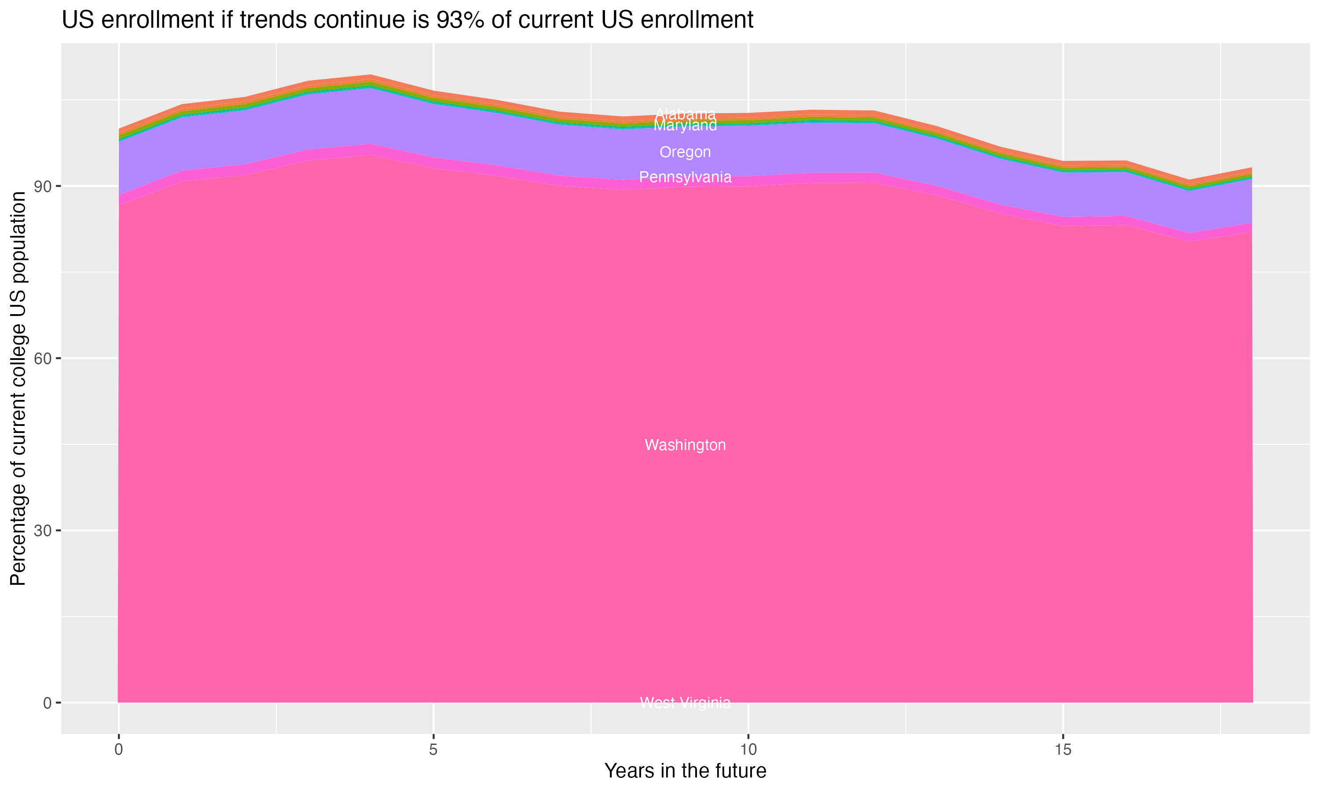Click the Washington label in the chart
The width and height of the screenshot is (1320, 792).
tap(685, 445)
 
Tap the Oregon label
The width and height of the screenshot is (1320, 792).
tap(685, 152)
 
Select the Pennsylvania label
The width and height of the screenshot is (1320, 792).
tap(685, 177)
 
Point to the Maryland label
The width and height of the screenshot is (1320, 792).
tap(685, 125)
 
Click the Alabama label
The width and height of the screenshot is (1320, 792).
tap(685, 114)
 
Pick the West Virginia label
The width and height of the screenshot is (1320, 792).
tap(685, 703)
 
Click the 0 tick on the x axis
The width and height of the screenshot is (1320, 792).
tap(118, 750)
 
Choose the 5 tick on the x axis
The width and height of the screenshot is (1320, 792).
tap(433, 750)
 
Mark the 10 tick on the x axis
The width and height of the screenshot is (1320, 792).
tap(748, 750)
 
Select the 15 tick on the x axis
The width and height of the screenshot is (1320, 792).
tap(1063, 750)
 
